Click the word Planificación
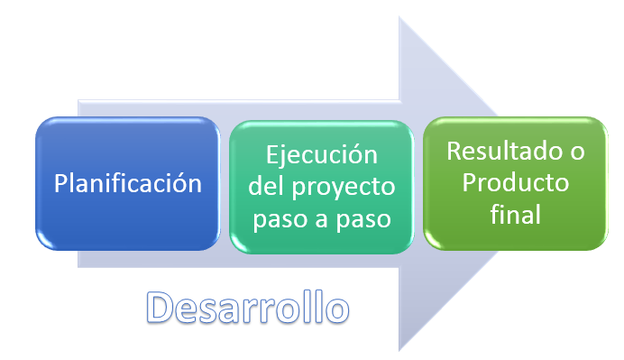pyautogui.click(x=127, y=183)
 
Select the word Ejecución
pyautogui.click(x=320, y=154)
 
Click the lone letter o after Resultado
pyautogui.click(x=576, y=151)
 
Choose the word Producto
pyautogui.click(x=515, y=182)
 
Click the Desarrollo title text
pyautogui.click(x=247, y=308)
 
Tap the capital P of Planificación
pyautogui.click(x=61, y=183)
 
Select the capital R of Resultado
pyautogui.click(x=454, y=151)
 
